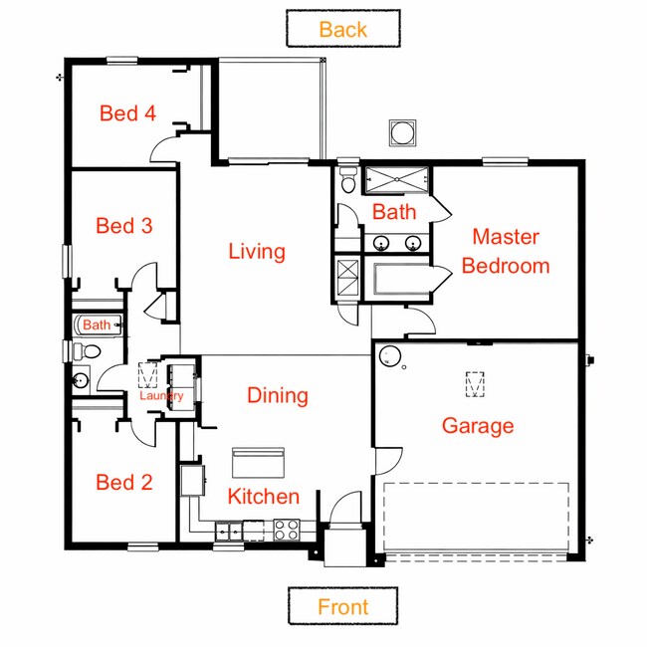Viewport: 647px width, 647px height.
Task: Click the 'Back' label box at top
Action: point(342,29)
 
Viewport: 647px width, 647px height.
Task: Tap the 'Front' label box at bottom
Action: point(342,606)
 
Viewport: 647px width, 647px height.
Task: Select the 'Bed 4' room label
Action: point(127,113)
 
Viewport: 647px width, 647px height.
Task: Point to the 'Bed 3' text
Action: point(123,226)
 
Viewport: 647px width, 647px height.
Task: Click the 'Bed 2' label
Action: point(123,483)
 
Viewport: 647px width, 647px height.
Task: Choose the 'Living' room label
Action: point(257,251)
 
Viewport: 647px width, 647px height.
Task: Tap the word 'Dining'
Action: point(278,396)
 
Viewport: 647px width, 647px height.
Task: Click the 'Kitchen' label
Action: point(263,497)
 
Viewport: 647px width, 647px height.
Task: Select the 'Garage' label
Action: point(478,426)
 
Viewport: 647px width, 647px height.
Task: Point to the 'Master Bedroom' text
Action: point(506,251)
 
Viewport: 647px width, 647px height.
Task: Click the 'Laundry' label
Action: point(161,395)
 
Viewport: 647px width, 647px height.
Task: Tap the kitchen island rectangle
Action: point(258,462)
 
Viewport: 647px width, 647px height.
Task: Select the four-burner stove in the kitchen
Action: point(287,530)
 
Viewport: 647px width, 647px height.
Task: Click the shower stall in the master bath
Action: point(396,180)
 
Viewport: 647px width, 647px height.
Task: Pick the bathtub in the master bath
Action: point(397,278)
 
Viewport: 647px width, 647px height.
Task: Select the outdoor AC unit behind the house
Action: point(402,133)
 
